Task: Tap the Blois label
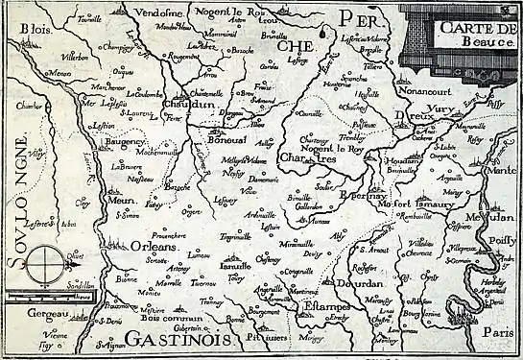(x=27, y=29)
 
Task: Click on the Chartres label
(x=303, y=157)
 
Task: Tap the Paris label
(x=498, y=331)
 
